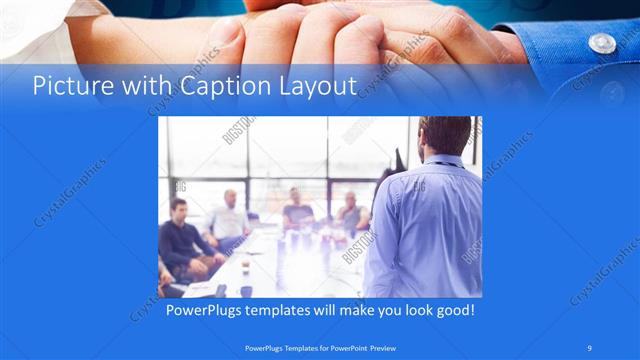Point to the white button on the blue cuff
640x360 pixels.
tap(601, 43)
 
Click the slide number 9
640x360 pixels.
tap(591, 349)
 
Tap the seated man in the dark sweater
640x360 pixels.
tap(180, 240)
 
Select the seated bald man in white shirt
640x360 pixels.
tap(229, 214)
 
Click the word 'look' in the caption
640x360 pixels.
tap(409, 311)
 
